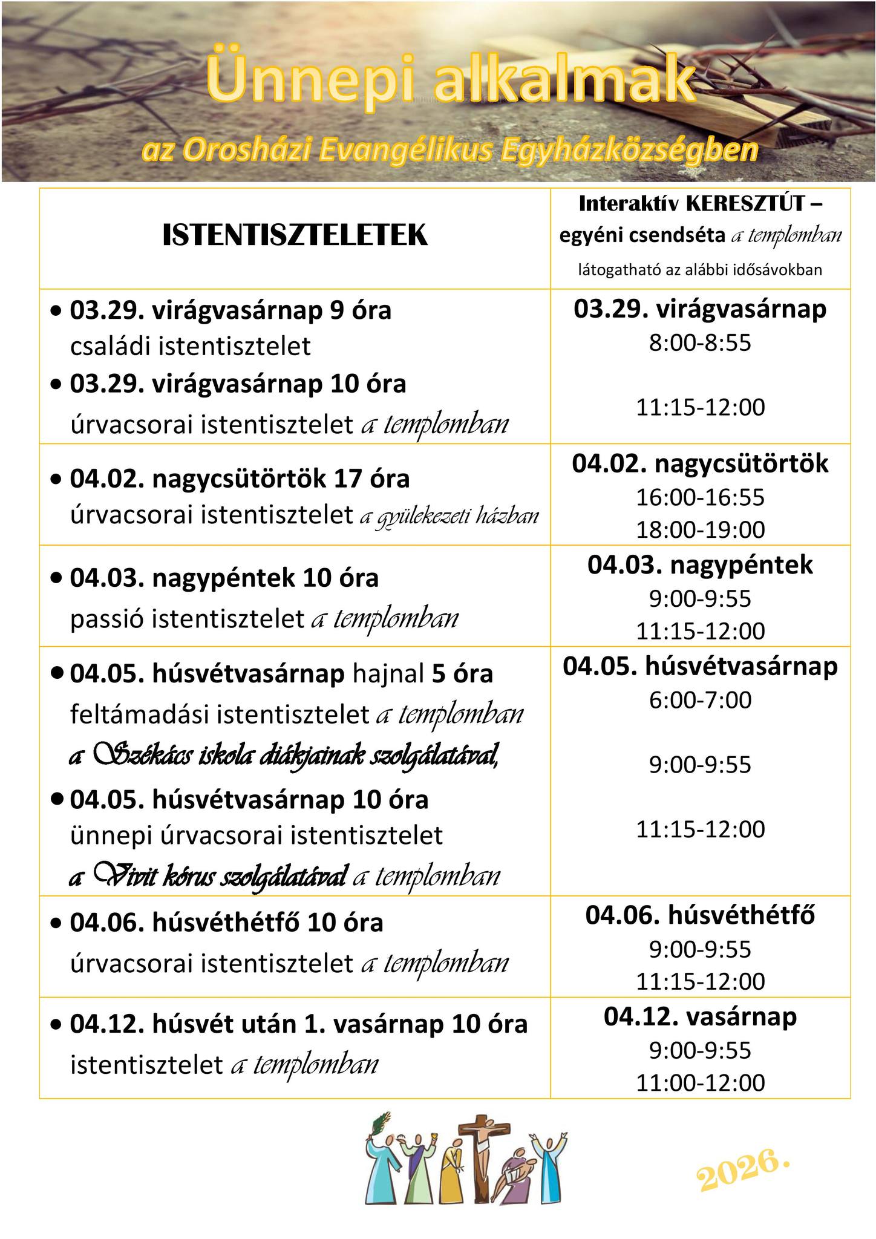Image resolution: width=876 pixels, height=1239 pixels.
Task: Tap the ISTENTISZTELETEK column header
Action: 295,235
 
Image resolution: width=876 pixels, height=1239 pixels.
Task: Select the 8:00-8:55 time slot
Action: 700,343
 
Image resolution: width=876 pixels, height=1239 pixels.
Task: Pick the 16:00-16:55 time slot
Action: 700,497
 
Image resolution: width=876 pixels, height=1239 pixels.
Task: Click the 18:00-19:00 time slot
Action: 700,529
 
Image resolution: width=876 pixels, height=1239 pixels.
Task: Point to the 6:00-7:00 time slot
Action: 700,700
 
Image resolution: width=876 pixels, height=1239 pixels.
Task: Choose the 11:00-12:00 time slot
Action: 700,1082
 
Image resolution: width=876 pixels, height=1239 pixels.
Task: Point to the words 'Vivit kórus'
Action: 155,875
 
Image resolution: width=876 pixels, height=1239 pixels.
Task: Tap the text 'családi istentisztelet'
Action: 191,347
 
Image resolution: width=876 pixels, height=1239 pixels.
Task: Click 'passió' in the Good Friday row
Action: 106,618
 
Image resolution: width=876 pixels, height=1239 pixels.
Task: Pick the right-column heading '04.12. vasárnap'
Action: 700,1016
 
